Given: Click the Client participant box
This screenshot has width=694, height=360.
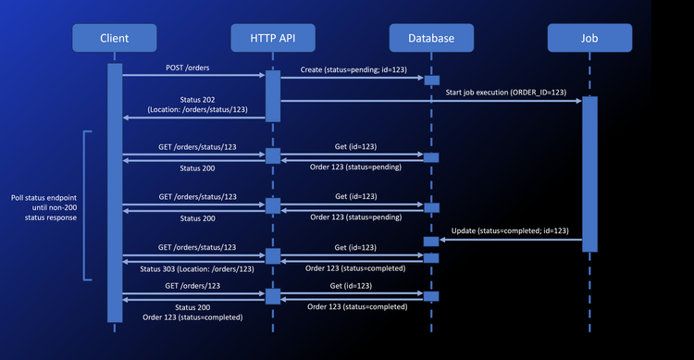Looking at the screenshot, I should pos(115,38).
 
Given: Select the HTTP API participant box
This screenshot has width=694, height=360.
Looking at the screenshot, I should pos(273,38).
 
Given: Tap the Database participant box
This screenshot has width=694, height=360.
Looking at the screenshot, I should pos(431,38).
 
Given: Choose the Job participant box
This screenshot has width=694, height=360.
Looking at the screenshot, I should pos(589,38).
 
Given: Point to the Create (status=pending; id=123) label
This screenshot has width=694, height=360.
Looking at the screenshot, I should pos(353,70).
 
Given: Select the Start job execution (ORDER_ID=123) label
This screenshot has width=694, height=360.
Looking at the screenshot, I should pos(505,92).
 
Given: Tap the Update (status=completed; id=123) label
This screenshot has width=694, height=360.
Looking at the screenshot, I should pos(510,230).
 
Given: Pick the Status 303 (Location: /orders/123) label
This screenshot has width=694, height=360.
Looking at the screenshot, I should pos(196,268).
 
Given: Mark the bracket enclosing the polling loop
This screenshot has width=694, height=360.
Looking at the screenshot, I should pos(84,204).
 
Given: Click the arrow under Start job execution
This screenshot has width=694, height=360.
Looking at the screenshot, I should pos(431,100).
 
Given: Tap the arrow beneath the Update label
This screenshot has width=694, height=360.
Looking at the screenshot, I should pos(510,240).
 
